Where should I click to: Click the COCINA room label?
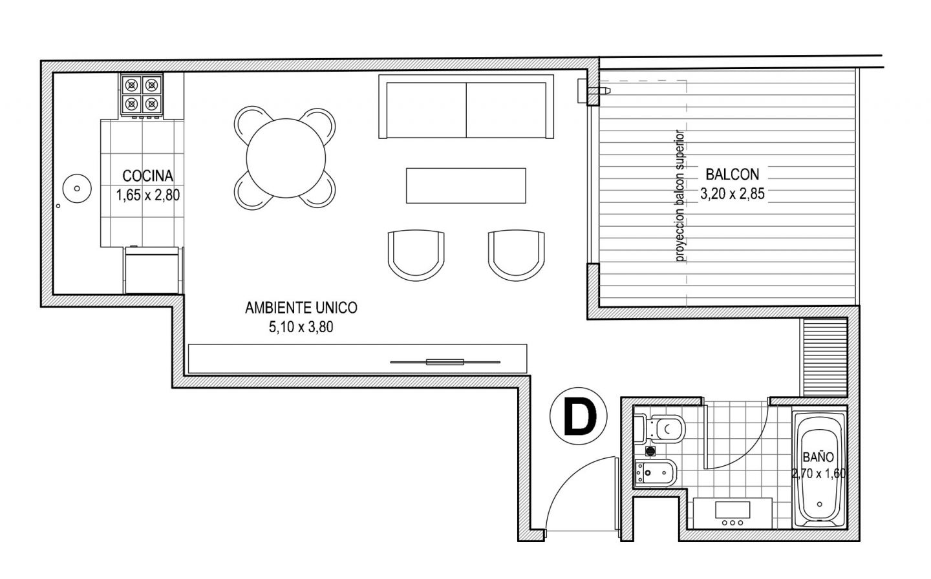[147, 176]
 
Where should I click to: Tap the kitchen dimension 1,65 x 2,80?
[147, 195]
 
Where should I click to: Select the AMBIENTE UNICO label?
[301, 308]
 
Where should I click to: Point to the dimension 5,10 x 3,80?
[301, 327]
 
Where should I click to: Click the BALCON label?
[733, 174]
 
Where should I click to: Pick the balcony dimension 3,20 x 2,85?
[733, 194]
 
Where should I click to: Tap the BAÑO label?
[818, 458]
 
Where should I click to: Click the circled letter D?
[579, 416]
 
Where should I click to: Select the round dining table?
[286, 158]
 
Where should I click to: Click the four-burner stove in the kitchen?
[142, 95]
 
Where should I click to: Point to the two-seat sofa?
[466, 106]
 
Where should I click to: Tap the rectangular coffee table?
[466, 185]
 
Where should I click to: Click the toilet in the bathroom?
[660, 428]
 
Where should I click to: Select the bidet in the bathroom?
[656, 472]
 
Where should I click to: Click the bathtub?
[819, 470]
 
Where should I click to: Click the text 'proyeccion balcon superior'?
[680, 196]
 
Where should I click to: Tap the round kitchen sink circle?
[77, 188]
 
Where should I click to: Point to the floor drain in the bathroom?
[650, 451]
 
